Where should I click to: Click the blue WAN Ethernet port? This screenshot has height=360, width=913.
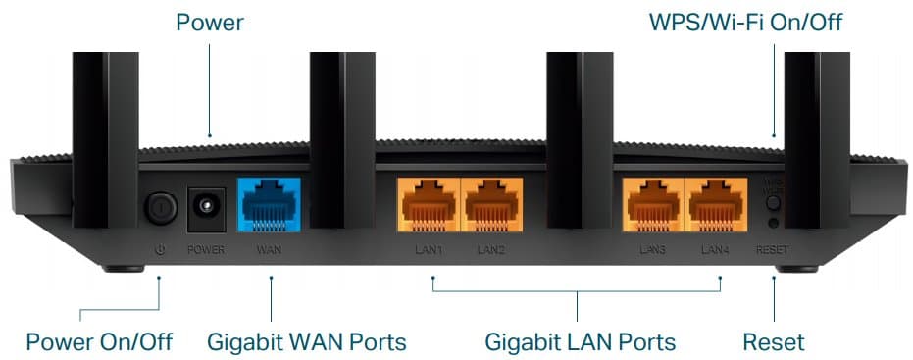pyautogui.click(x=269, y=204)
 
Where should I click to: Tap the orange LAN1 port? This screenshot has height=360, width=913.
pyautogui.click(x=427, y=203)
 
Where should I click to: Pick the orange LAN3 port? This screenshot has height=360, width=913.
pyautogui.click(x=652, y=203)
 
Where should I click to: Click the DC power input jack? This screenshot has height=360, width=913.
pyautogui.click(x=206, y=205)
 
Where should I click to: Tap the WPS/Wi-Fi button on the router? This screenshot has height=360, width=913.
pyautogui.click(x=773, y=204)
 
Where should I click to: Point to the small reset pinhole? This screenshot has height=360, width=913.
pyautogui.click(x=773, y=224)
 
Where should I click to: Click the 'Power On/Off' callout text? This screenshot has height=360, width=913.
pyautogui.click(x=99, y=341)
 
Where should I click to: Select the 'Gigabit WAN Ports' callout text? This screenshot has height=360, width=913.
pyautogui.click(x=306, y=341)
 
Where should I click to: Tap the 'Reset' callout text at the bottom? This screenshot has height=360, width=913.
pyautogui.click(x=773, y=341)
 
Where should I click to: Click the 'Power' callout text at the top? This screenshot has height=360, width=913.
pyautogui.click(x=210, y=22)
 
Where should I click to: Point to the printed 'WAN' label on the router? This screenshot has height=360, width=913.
pyautogui.click(x=269, y=250)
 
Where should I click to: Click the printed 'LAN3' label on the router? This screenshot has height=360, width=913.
pyautogui.click(x=652, y=250)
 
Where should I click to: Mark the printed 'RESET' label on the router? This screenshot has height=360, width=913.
pyautogui.click(x=772, y=250)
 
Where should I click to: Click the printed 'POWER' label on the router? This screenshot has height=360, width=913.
pyautogui.click(x=206, y=250)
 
